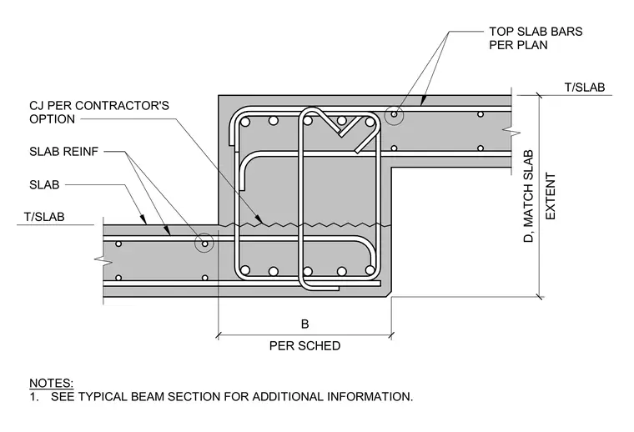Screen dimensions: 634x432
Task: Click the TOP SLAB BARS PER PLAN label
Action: (x=536, y=38)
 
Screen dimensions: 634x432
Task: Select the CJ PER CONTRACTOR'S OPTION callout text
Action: (x=99, y=113)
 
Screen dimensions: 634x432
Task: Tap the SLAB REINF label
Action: (x=64, y=152)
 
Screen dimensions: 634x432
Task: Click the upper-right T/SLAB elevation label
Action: (x=584, y=88)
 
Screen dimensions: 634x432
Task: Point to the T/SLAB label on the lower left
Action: (x=44, y=217)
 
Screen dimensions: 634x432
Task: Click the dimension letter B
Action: (x=304, y=324)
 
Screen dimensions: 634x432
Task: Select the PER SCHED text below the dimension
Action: (x=304, y=346)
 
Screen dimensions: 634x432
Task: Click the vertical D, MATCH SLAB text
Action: (x=528, y=196)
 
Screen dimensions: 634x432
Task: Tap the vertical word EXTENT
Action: (x=551, y=196)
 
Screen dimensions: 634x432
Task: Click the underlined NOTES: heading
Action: (x=52, y=383)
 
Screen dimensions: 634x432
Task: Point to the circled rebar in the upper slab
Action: (x=395, y=115)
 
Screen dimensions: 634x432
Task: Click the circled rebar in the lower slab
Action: (x=204, y=244)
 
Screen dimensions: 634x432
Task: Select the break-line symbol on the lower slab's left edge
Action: (x=103, y=261)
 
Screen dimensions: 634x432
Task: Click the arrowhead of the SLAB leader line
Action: (x=143, y=221)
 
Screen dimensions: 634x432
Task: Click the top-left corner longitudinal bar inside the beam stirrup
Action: (x=245, y=122)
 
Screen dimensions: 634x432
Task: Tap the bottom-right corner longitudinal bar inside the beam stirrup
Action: (x=370, y=271)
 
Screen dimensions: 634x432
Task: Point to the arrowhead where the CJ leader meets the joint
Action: (x=261, y=221)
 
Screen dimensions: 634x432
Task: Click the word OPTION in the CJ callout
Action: (x=53, y=119)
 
